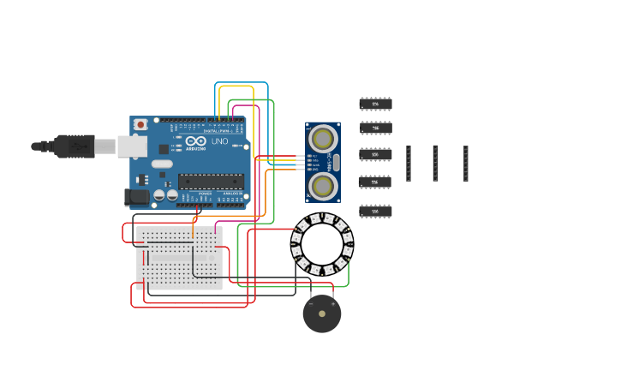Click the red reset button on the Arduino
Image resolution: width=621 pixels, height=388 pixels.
[x=140, y=124]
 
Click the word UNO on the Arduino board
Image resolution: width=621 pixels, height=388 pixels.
[x=219, y=141]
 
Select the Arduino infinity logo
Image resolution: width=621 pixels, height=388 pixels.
[x=196, y=141]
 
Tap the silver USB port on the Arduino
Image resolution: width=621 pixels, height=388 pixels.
[x=132, y=146]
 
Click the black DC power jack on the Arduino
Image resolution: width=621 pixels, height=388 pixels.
[x=136, y=197]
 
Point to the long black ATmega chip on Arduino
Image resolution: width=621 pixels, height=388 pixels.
[x=211, y=181]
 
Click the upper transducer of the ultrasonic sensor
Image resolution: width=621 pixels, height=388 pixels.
[x=323, y=137]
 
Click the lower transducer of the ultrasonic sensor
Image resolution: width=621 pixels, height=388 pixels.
[x=323, y=185]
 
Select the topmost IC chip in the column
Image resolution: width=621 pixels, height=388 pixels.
[x=375, y=104]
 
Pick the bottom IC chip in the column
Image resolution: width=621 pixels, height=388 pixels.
[x=375, y=211]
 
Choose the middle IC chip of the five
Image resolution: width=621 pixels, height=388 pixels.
[x=375, y=155]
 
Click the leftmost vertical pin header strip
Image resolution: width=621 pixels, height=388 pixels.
[x=409, y=163]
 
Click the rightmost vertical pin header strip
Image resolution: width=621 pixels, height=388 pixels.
[x=466, y=163]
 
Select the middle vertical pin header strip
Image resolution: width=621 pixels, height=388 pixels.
[x=435, y=163]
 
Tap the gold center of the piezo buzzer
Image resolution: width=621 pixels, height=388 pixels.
[x=322, y=314]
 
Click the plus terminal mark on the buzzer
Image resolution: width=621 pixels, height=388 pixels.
[x=333, y=304]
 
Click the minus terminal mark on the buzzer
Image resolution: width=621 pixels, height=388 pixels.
[x=311, y=304]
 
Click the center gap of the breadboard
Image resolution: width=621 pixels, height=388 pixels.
[x=179, y=257]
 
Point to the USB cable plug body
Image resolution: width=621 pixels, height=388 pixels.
[x=75, y=146]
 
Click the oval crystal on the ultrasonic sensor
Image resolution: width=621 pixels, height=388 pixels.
[x=337, y=162]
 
